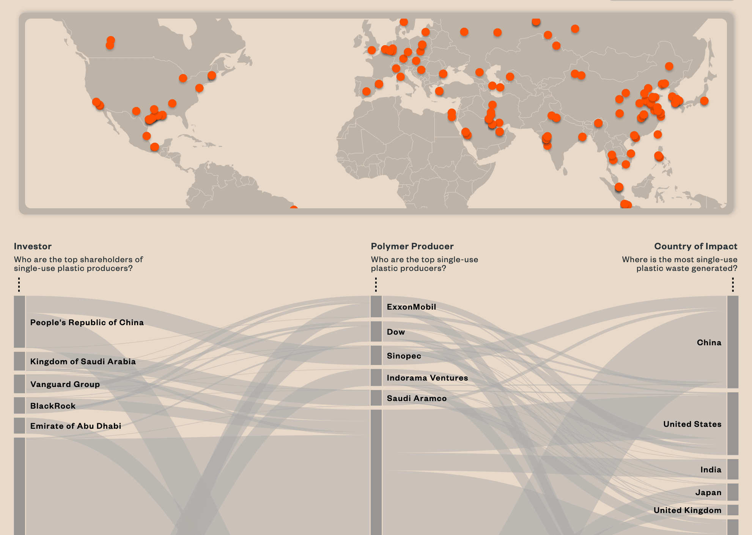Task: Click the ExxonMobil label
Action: (411, 307)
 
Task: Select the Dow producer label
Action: (396, 332)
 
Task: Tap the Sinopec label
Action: (404, 356)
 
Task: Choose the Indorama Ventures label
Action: (427, 378)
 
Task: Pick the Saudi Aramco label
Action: (417, 398)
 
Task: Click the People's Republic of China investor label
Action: (87, 323)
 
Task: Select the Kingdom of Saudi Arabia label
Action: (83, 362)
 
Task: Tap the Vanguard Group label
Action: (65, 384)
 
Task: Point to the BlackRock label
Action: (53, 406)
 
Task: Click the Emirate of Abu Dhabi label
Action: (76, 426)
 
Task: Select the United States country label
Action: (692, 424)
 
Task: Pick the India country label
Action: (711, 470)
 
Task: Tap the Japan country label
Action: (708, 493)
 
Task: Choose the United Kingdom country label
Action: (687, 510)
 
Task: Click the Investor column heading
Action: (33, 246)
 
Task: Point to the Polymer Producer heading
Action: (412, 246)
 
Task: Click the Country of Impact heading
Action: (695, 246)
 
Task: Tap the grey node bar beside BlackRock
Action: (20, 405)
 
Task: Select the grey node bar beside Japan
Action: (733, 492)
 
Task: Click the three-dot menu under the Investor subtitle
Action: (19, 284)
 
